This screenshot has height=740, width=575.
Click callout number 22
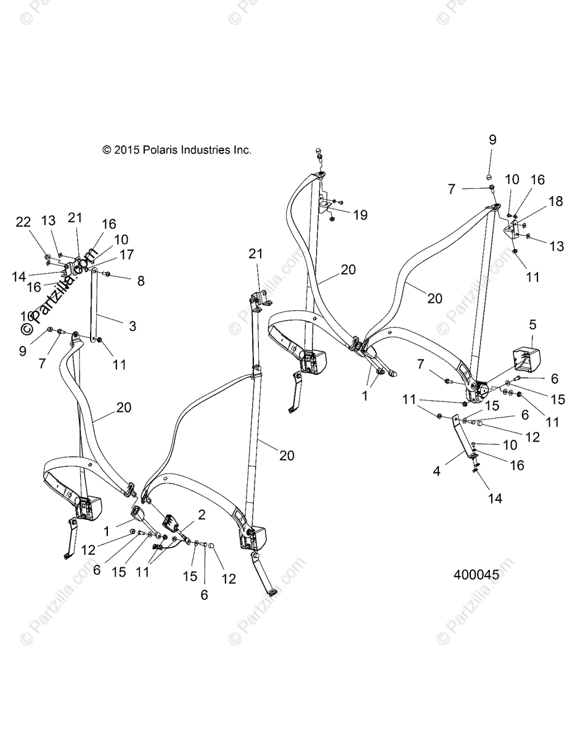[23, 222]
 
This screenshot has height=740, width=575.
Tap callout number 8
[141, 281]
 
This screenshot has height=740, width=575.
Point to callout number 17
[126, 254]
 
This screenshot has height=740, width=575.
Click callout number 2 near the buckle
[202, 514]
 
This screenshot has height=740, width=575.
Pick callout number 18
[555, 201]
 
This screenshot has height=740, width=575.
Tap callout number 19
[360, 215]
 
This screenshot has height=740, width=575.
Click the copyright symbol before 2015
[107, 150]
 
